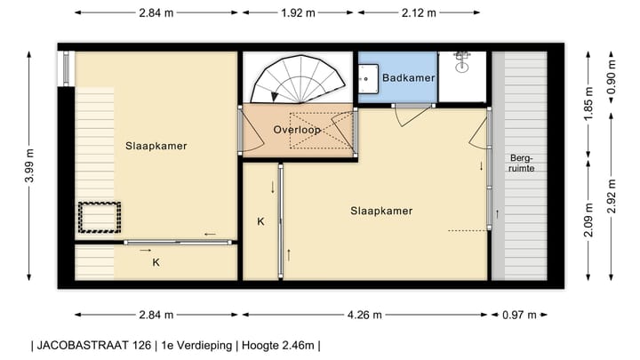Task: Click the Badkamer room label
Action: (408, 77)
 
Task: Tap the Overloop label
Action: (297, 130)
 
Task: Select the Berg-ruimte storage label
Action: (521, 163)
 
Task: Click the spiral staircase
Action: (298, 79)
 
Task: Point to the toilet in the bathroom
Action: (462, 62)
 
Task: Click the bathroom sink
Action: (368, 78)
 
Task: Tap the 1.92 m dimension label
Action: (298, 13)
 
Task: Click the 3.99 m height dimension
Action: (29, 165)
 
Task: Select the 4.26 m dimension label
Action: (364, 315)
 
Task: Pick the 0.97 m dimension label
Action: (519, 315)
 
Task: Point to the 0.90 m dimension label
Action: (611, 76)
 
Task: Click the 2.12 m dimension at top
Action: (419, 13)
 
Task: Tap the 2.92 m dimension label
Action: (611, 196)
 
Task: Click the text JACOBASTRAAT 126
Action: (94, 345)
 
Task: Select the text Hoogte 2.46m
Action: (278, 345)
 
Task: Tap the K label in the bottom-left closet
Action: (156, 262)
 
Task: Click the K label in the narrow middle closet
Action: (260, 221)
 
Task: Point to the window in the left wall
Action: (66, 68)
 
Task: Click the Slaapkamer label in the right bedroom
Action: (381, 211)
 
